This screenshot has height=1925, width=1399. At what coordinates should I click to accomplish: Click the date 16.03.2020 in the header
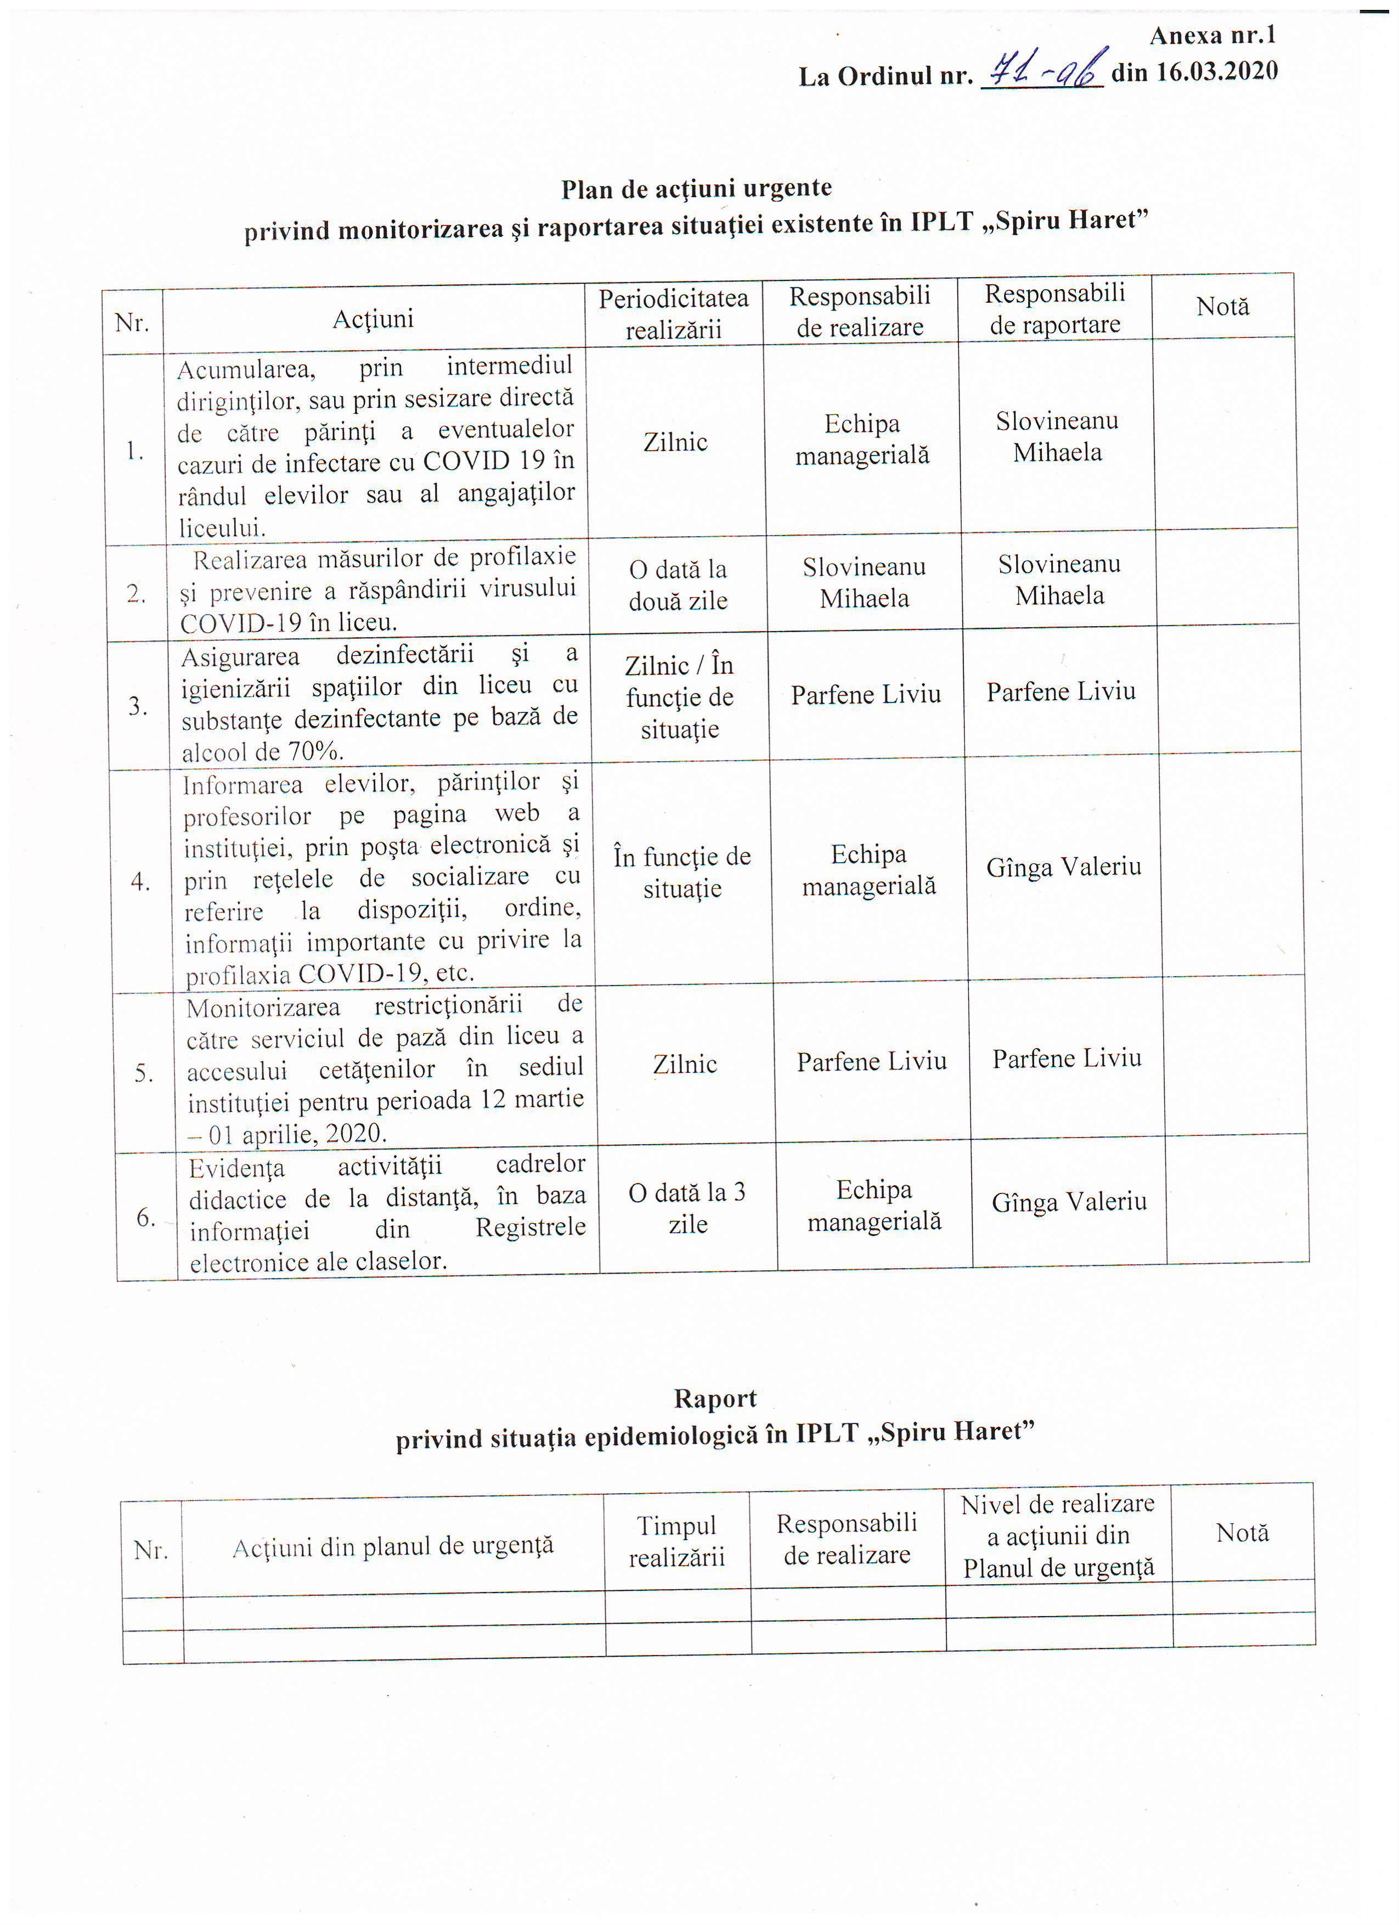(1194, 71)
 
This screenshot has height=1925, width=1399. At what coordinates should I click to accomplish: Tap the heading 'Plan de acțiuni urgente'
(697, 188)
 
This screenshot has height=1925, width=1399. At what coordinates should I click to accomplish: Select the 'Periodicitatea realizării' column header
(674, 313)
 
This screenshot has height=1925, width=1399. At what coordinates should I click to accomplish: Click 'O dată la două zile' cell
(678, 585)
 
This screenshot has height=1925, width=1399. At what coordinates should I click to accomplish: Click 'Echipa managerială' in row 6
(874, 1205)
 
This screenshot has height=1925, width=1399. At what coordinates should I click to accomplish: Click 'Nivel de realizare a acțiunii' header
(1058, 1535)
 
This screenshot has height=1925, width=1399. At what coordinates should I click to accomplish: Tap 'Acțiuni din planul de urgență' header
(393, 1546)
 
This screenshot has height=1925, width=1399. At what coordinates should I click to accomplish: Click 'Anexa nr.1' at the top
(1212, 36)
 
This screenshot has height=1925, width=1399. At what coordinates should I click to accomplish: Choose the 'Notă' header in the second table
(1242, 1532)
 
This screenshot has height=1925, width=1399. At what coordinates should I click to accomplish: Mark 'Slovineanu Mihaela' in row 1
(1057, 436)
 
